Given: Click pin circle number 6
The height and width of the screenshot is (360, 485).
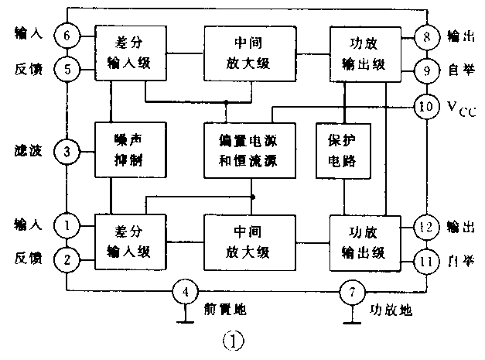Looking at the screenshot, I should (x=67, y=36).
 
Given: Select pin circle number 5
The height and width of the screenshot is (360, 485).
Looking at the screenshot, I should (x=67, y=70).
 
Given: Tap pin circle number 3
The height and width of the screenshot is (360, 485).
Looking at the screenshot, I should (x=67, y=152).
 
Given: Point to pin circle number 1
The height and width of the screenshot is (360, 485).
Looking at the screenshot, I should (x=67, y=225).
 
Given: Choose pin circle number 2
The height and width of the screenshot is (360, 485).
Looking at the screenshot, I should (x=67, y=259).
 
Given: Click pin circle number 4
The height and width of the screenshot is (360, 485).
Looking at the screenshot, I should (x=184, y=293).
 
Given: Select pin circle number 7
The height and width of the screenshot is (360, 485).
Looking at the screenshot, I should (x=351, y=293).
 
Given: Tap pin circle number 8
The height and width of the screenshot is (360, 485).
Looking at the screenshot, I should (x=426, y=36).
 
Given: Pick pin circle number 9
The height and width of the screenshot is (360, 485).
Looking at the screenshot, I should (x=426, y=70).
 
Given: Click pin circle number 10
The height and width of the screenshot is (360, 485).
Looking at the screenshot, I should (x=426, y=106).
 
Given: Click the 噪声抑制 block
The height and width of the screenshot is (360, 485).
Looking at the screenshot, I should (x=119, y=153).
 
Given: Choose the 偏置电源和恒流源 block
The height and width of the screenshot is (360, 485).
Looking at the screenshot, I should (x=251, y=153).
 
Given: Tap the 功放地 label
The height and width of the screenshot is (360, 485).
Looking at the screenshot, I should (x=391, y=310).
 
